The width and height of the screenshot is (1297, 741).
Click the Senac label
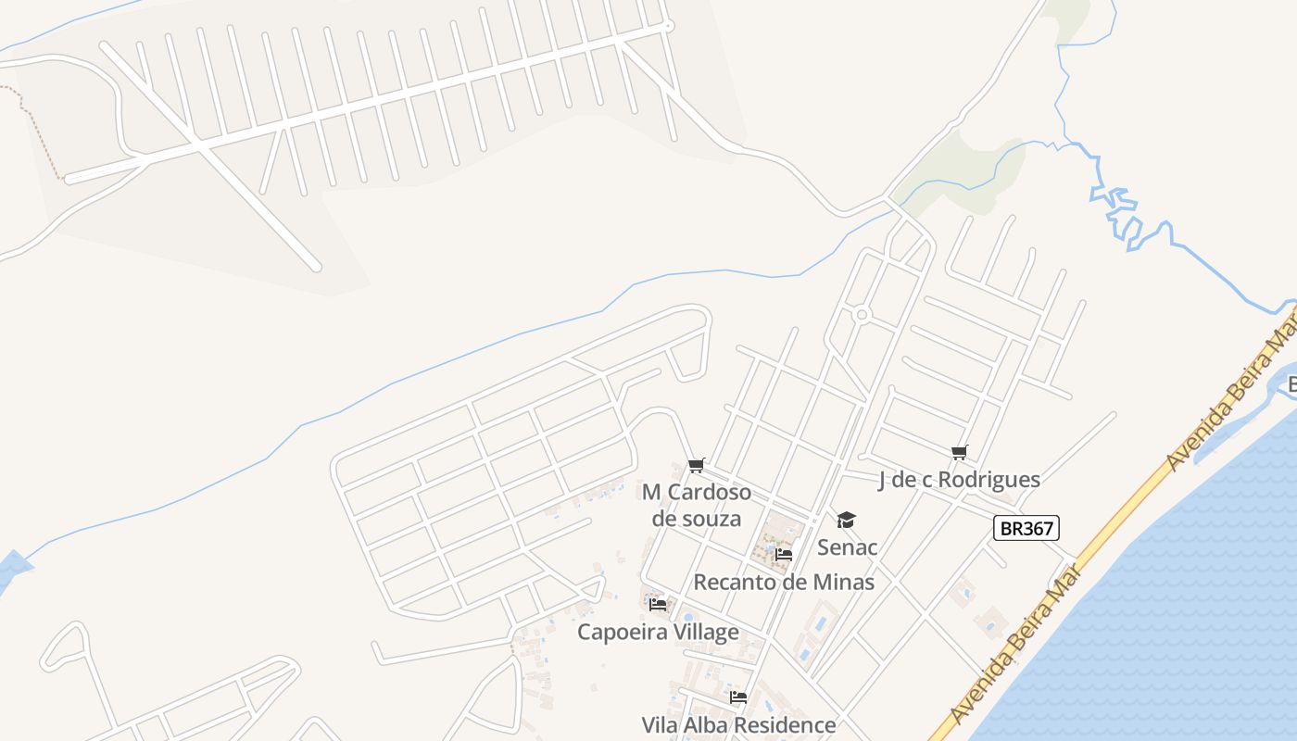(x=847, y=547)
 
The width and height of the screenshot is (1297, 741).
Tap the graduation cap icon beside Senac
(x=846, y=520)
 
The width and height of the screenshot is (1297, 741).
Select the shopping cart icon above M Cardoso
(x=697, y=465)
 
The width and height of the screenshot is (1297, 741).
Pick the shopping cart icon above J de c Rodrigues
(x=959, y=452)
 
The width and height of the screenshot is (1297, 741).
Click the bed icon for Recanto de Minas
(x=784, y=555)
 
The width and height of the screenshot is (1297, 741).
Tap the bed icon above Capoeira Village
(x=658, y=604)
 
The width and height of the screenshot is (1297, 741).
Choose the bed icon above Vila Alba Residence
(x=738, y=697)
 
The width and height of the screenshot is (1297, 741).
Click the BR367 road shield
(x=1026, y=528)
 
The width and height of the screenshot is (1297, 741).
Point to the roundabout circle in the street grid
(x=862, y=315)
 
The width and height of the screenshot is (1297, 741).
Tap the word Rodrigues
(x=988, y=480)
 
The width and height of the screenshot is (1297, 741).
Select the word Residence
(x=787, y=725)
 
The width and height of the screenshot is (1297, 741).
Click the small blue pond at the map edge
(x=11, y=567)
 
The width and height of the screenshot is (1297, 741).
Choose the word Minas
(x=844, y=583)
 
